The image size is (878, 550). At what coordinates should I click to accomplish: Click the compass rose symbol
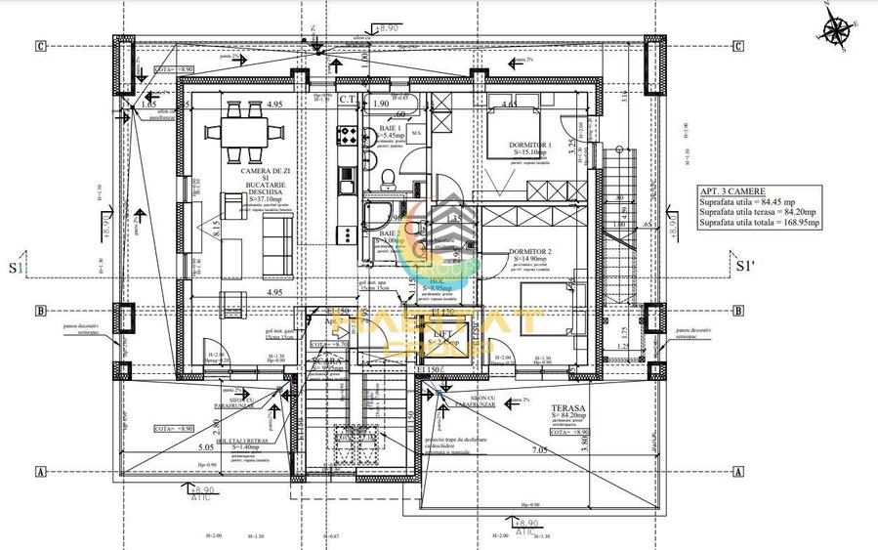[x=836, y=31]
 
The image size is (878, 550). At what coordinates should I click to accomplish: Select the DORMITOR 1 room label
[x=530, y=145]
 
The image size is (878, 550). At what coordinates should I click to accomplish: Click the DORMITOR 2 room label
[x=530, y=251]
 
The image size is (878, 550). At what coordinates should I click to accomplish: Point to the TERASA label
[x=566, y=410]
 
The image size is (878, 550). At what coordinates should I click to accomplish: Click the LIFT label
[x=444, y=334]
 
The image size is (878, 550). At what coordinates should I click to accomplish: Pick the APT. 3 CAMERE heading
[x=732, y=191]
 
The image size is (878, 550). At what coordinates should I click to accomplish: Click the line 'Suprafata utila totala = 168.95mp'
[x=759, y=223]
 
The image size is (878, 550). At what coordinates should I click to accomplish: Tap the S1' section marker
[x=746, y=265]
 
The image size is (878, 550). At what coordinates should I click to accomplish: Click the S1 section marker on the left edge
[x=17, y=266]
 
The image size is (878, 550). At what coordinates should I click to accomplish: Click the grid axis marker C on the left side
[x=41, y=45]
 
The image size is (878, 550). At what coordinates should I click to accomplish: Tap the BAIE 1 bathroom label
[x=393, y=128]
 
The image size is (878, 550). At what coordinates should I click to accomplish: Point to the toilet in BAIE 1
[x=389, y=177]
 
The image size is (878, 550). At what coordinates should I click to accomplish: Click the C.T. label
[x=348, y=99]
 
